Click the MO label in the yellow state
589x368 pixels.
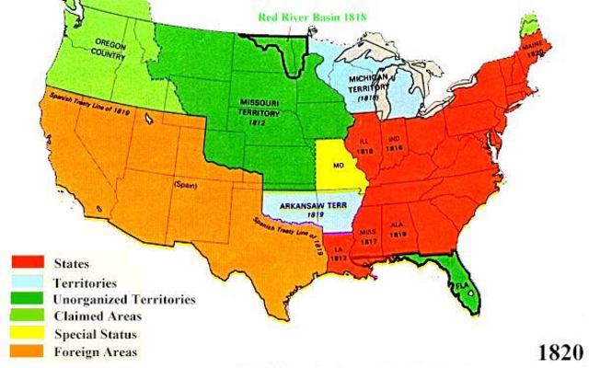coord(339,168)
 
